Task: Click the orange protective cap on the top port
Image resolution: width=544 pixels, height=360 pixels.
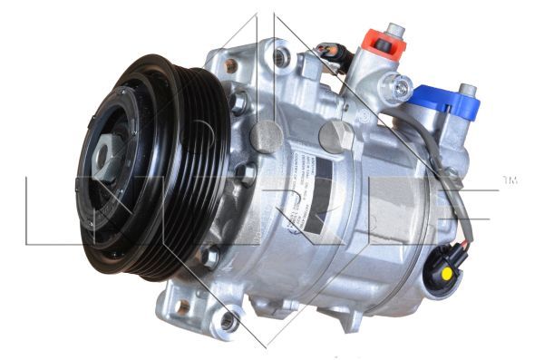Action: (381, 42)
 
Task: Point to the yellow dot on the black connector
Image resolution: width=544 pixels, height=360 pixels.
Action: (446, 271)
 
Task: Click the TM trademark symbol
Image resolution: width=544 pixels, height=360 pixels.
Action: (510, 180)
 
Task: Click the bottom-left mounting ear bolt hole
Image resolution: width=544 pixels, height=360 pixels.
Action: (228, 320)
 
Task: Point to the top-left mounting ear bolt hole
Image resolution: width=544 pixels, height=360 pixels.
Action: (232, 64)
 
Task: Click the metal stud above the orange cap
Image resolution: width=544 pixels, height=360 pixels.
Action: (396, 30)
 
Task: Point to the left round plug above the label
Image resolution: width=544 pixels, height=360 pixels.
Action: (266, 136)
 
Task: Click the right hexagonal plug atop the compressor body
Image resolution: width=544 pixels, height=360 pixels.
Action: (336, 135)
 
